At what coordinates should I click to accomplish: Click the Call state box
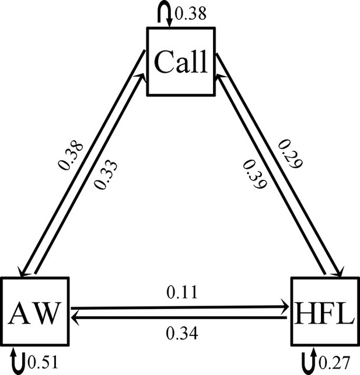[181, 62]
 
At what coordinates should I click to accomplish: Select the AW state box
[34, 311]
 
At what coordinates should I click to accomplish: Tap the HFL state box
[325, 311]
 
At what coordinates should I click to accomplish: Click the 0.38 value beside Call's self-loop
[190, 13]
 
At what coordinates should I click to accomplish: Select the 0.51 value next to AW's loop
[43, 362]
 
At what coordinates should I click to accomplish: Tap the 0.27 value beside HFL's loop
[335, 363]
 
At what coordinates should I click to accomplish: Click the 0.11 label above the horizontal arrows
[182, 292]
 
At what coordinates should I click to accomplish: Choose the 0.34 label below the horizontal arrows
[182, 333]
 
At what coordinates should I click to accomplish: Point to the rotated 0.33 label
[106, 175]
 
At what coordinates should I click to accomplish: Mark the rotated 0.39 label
[254, 175]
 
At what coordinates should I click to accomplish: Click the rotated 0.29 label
[291, 154]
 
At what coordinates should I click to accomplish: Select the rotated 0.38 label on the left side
[71, 157]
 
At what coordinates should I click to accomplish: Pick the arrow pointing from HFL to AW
[179, 318]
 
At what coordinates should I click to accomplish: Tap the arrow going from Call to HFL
[279, 165]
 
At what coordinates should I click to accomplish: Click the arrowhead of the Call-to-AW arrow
[23, 272]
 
